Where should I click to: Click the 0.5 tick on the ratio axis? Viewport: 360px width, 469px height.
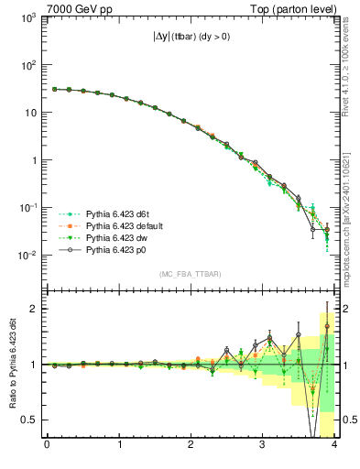27,420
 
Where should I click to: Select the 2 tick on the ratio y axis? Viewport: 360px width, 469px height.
32,309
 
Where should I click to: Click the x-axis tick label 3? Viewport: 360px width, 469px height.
262,446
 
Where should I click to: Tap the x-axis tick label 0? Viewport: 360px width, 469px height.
47,446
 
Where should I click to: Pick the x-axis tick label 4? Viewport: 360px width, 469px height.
334,446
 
